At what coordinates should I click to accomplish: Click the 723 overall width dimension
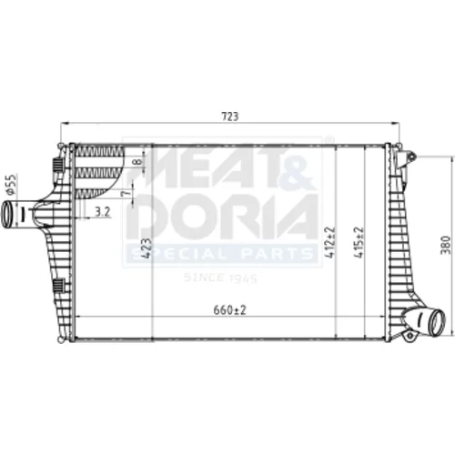(230, 116)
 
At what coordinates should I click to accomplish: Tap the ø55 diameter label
(11, 184)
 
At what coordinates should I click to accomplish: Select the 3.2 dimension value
(102, 211)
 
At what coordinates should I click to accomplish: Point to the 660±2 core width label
(229, 310)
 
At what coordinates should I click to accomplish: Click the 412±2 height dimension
(330, 242)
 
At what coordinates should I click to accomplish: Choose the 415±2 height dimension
(359, 242)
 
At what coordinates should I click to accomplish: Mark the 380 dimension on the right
(446, 245)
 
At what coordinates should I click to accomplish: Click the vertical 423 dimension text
(147, 248)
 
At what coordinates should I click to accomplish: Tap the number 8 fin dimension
(137, 161)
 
